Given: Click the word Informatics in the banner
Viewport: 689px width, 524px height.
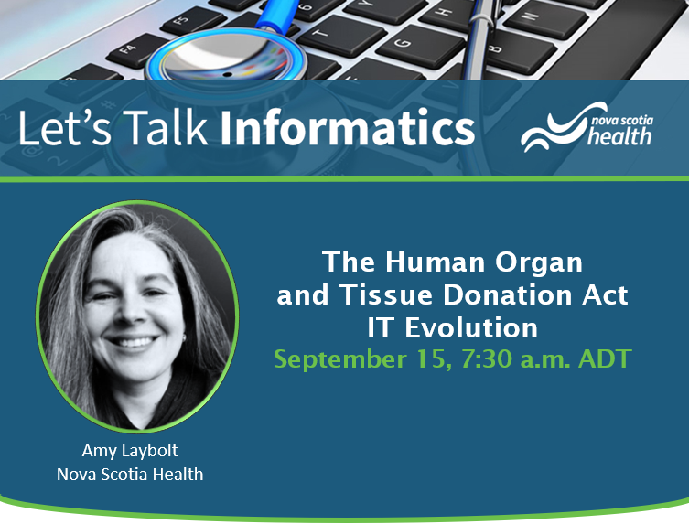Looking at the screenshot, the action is pos(347,127).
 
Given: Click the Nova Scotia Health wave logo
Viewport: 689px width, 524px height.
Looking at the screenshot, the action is pos(587,126).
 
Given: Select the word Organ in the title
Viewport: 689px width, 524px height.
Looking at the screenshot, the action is pos(539,262).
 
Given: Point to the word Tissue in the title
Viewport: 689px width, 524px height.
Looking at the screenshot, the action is pos(386,294).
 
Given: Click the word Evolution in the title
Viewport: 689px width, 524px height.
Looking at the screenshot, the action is pos(471,327).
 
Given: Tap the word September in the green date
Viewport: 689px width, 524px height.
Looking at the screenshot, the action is pos(340,359).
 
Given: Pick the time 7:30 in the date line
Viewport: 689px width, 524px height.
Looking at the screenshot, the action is pos(487,358).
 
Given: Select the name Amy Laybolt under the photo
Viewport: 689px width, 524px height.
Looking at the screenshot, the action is pos(130,450).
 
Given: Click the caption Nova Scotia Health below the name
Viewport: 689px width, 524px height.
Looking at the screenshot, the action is pos(130,475).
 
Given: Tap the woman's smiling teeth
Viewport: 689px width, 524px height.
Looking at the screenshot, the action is pos(133,342).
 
